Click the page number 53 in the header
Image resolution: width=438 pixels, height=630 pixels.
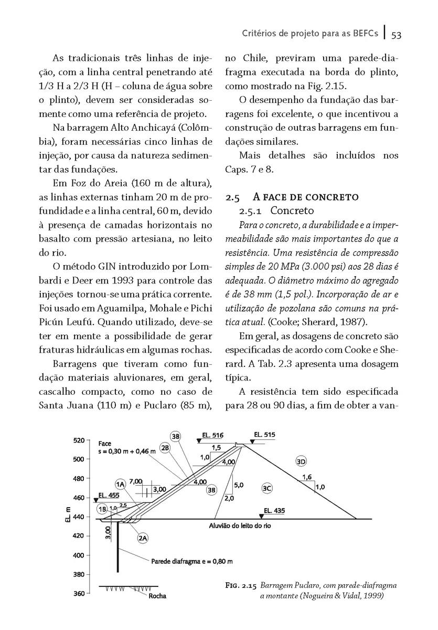tap(396, 35)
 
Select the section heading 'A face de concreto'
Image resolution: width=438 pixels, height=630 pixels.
tap(306, 197)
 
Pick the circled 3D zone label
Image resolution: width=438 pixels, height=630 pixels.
tap(301, 461)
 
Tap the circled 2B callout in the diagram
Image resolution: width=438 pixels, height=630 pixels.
tap(166, 448)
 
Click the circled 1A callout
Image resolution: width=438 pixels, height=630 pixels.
tap(120, 484)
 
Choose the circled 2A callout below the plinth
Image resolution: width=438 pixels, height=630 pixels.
tap(142, 538)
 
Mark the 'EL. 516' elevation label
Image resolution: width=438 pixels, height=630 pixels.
tap(213, 435)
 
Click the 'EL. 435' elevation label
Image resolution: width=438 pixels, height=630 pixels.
tap(274, 510)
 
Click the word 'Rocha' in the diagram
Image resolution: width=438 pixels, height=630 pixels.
tap(157, 596)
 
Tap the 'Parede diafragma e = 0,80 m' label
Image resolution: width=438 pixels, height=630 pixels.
tap(191, 561)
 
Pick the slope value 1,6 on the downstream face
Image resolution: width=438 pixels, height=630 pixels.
tap(307, 477)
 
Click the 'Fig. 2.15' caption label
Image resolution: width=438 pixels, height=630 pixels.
tap(239, 585)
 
